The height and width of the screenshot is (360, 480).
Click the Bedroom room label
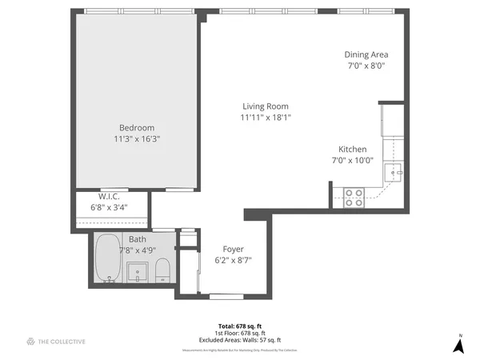(x=137, y=128)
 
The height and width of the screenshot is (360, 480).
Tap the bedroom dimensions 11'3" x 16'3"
(x=137, y=138)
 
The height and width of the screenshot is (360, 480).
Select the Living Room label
(x=266, y=106)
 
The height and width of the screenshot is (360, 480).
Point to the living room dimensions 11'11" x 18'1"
(x=266, y=117)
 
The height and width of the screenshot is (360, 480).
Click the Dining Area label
(x=365, y=54)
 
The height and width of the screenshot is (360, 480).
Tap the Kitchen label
(x=352, y=150)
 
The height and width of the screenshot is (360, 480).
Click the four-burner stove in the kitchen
(x=354, y=198)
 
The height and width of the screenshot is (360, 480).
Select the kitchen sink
(x=395, y=172)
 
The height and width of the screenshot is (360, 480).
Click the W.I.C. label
(x=109, y=197)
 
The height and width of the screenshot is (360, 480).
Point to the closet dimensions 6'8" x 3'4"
(x=109, y=207)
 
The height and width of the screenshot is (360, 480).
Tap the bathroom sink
(x=138, y=271)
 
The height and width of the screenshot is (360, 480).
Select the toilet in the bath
(x=162, y=270)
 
